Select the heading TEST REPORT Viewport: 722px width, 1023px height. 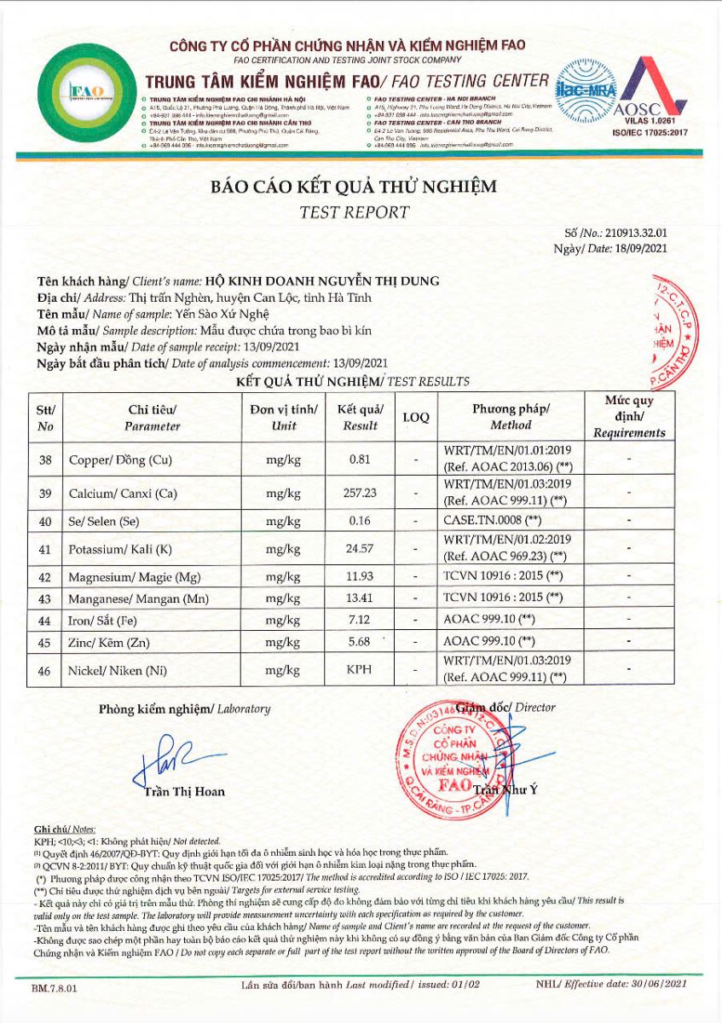(x=354, y=212)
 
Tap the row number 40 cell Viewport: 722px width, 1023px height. (x=45, y=519)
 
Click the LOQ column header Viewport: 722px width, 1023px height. (x=415, y=418)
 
